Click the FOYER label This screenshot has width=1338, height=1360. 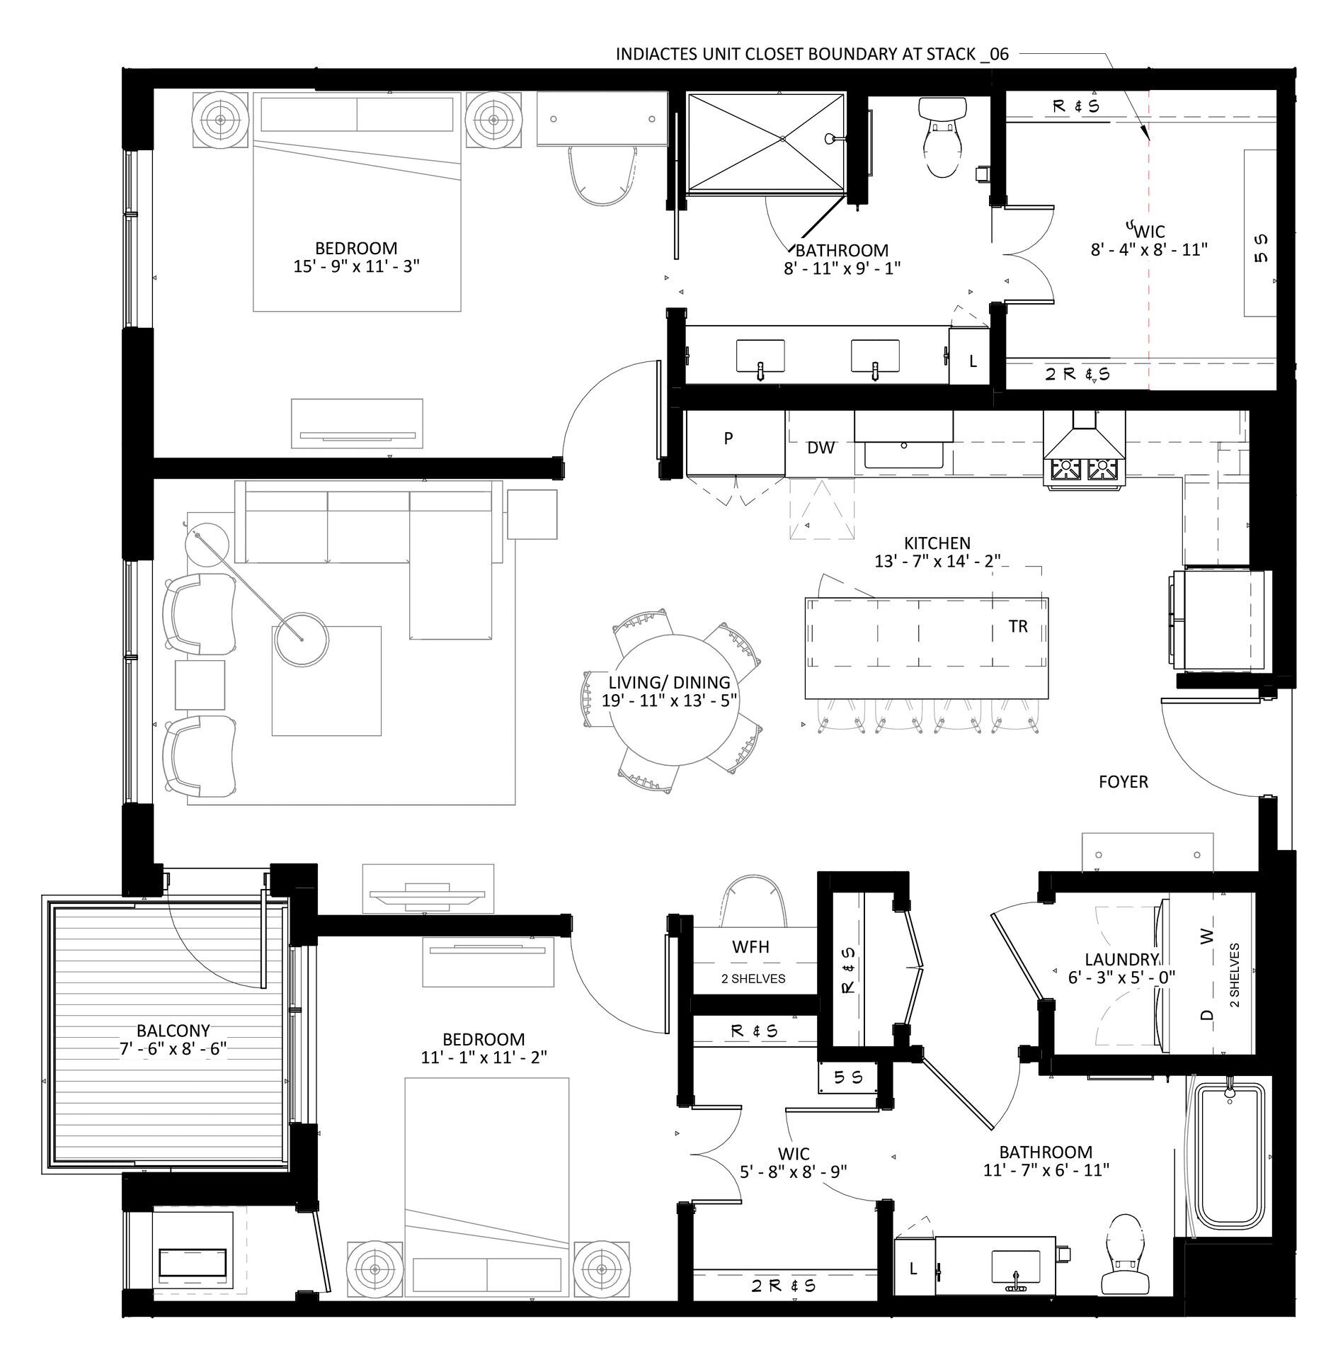[1123, 782]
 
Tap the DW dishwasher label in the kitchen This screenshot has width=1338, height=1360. [820, 448]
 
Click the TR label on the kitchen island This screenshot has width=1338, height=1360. [1017, 627]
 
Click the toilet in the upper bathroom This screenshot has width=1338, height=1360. [942, 138]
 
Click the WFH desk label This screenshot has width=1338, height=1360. [750, 947]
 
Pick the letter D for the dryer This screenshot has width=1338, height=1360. [1207, 1014]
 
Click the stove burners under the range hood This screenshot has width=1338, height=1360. [1083, 469]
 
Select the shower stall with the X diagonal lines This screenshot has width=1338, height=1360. [766, 142]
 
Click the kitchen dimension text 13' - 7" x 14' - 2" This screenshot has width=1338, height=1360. [937, 561]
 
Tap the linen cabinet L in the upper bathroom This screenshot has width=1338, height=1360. [973, 361]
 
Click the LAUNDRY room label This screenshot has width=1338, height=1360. [1121, 960]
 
